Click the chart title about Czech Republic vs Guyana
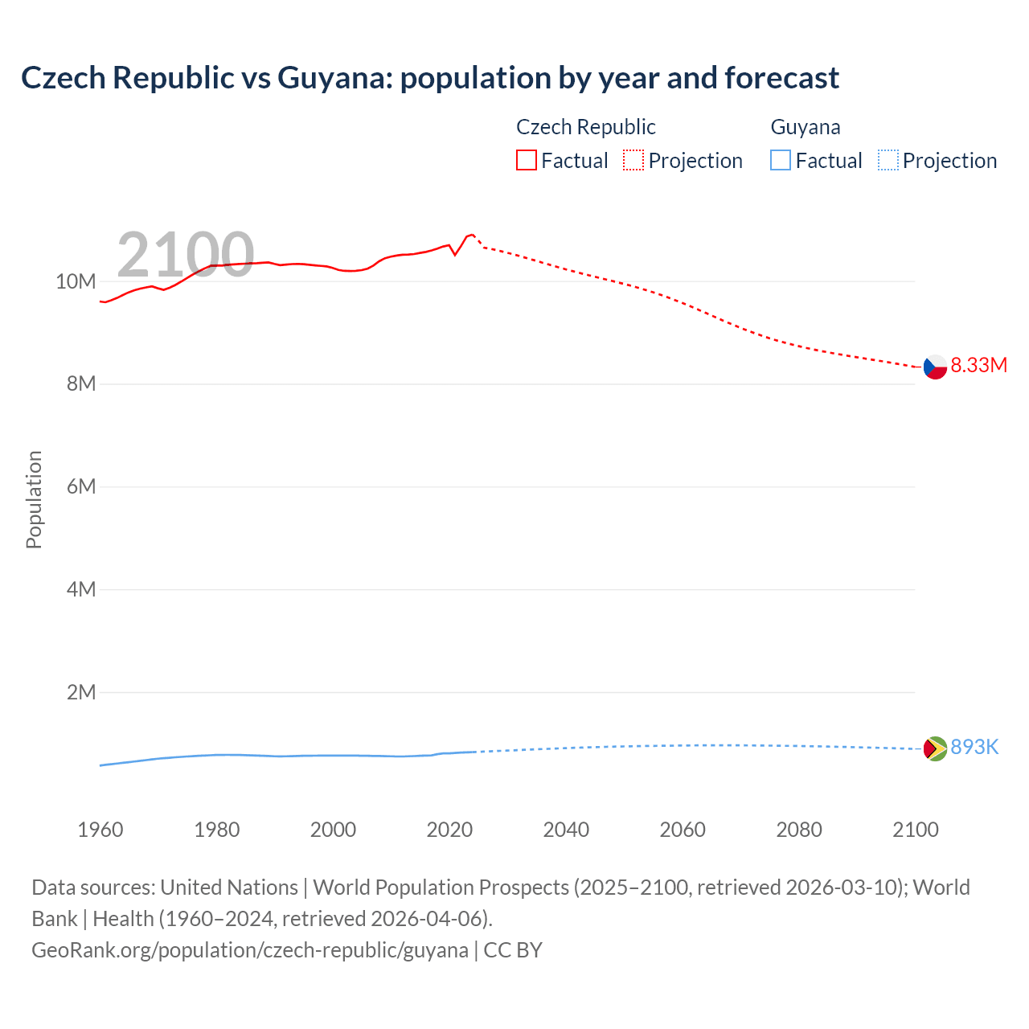click(430, 78)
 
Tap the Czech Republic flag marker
click(935, 367)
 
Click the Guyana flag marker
click(935, 748)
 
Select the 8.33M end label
click(978, 365)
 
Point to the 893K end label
click(974, 748)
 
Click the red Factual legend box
click(527, 161)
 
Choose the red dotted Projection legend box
click(633, 161)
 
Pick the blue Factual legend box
click(781, 161)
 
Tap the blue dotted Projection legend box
click(888, 161)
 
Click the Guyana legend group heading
click(806, 127)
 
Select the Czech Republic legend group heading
click(585, 127)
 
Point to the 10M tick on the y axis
click(76, 281)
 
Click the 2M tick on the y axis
click(81, 692)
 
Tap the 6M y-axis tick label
click(81, 486)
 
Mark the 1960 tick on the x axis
click(100, 830)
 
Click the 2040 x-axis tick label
click(566, 830)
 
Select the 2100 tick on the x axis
click(915, 830)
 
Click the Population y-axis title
click(34, 499)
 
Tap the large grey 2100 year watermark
click(186, 255)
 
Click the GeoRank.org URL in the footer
click(250, 950)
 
